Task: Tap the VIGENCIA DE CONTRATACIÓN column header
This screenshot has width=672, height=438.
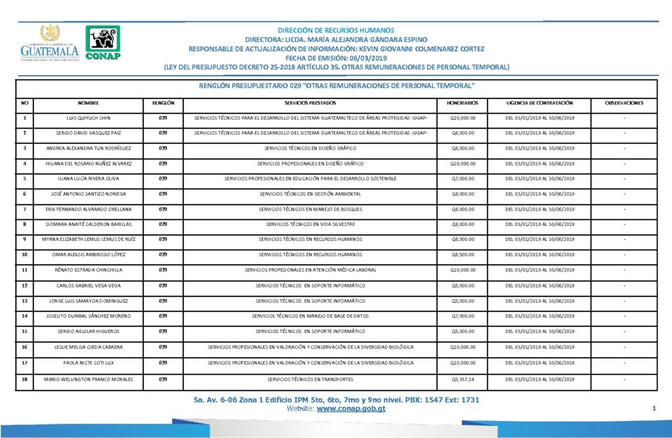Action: [x=539, y=103]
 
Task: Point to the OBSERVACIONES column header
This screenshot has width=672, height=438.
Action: [x=624, y=103]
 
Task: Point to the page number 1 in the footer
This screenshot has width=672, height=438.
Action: [x=654, y=409]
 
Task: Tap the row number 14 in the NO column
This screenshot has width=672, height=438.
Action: [x=25, y=316]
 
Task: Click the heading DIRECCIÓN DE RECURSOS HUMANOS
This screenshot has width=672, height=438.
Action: [x=336, y=30]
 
